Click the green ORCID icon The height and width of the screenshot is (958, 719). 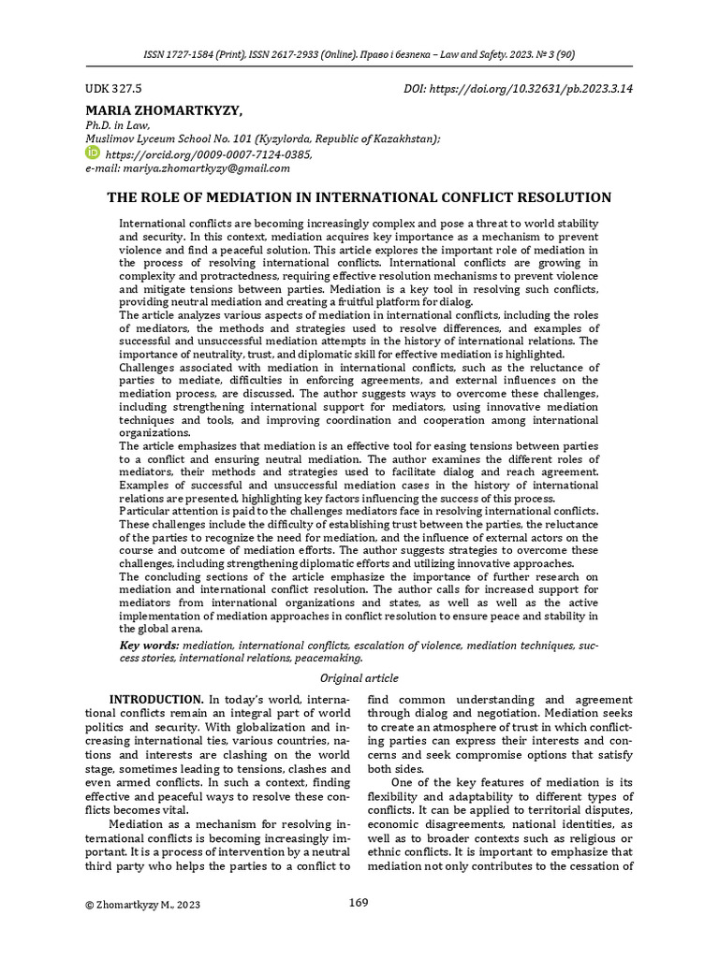click(92, 152)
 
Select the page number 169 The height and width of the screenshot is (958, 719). click(358, 903)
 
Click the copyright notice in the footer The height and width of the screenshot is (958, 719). click(141, 905)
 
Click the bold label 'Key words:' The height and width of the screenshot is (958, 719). click(151, 646)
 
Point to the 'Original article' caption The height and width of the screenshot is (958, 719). click(359, 678)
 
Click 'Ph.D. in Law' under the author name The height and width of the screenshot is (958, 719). click(117, 125)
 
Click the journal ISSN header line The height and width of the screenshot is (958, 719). click(359, 55)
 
